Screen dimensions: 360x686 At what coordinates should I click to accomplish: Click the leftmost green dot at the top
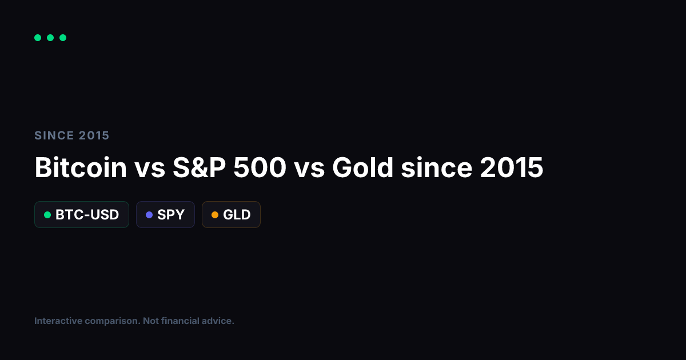click(x=38, y=38)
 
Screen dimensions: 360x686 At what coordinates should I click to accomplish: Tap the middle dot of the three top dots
click(x=50, y=38)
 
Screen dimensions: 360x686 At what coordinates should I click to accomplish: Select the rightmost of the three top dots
click(x=63, y=38)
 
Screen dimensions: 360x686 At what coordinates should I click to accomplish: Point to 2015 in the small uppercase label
click(x=94, y=135)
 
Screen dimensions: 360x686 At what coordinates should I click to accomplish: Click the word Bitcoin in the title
click(x=81, y=168)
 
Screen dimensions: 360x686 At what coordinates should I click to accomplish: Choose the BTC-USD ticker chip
click(x=82, y=215)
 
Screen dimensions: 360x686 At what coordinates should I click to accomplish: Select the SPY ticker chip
click(x=165, y=215)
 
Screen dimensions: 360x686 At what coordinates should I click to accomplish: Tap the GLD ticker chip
click(x=231, y=215)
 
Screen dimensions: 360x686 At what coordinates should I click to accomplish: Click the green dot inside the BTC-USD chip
click(x=47, y=215)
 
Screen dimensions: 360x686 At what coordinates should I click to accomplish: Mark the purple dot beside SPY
click(x=149, y=215)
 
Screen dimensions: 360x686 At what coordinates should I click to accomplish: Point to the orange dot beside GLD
click(x=215, y=215)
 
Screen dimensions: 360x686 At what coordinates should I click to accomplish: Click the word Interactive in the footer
click(x=58, y=321)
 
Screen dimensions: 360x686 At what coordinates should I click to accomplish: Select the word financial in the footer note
click(x=182, y=321)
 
